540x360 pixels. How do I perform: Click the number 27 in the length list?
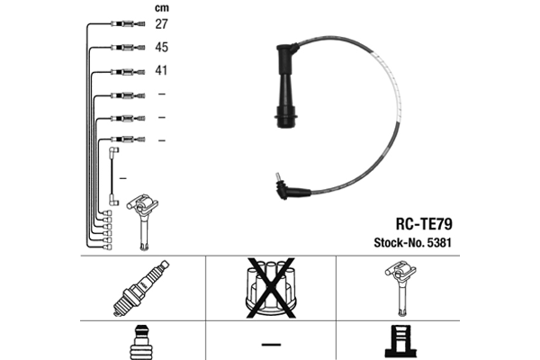[163, 24]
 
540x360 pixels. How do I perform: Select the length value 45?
[163, 47]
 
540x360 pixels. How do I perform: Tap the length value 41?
[163, 70]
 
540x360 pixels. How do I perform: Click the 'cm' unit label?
[162, 7]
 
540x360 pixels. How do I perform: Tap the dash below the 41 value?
[162, 94]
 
